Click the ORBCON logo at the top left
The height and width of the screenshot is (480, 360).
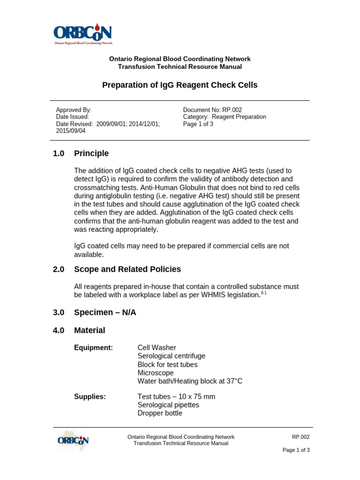(x=82, y=33)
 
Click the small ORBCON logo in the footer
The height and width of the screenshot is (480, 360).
(x=73, y=441)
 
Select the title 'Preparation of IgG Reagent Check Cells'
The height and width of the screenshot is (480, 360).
(x=180, y=85)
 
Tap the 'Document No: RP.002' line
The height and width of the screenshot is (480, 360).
(x=212, y=109)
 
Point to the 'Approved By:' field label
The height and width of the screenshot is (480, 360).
(x=70, y=109)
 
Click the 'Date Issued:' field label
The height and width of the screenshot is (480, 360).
(x=72, y=117)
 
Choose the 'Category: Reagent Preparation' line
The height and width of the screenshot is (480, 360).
(x=224, y=117)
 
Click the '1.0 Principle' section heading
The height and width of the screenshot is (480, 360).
(x=81, y=153)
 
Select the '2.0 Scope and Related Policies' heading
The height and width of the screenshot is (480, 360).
(x=117, y=269)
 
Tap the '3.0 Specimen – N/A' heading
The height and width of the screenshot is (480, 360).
(x=95, y=312)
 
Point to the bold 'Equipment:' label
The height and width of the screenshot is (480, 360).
(x=93, y=347)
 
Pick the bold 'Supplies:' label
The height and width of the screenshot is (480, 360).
(x=90, y=397)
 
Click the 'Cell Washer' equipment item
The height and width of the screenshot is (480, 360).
(x=157, y=347)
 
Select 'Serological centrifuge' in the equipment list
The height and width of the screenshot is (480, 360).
(x=171, y=356)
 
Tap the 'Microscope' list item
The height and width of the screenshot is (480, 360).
(x=155, y=373)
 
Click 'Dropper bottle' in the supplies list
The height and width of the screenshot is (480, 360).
(x=160, y=413)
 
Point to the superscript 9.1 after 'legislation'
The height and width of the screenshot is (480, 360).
(x=263, y=292)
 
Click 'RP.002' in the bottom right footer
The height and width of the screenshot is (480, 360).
(x=300, y=437)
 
